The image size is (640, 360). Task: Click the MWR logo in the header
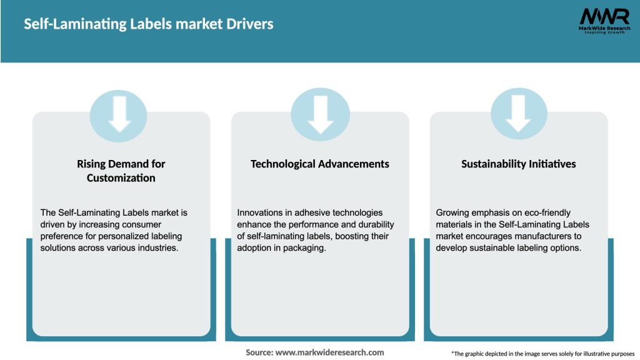click(604, 21)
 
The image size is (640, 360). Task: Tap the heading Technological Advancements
click(319, 164)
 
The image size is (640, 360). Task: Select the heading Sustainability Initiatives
click(518, 164)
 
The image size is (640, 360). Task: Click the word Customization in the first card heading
click(121, 178)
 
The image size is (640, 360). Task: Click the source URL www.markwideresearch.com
click(329, 352)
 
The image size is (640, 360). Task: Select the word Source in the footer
click(259, 352)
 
